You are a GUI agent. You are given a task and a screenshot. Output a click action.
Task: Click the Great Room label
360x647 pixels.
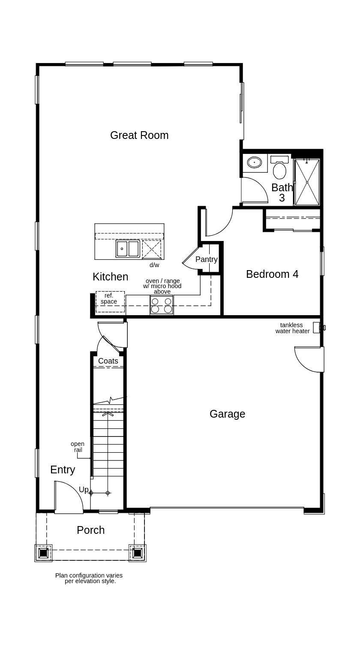139,135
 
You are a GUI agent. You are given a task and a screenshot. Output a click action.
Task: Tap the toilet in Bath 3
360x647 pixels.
279,169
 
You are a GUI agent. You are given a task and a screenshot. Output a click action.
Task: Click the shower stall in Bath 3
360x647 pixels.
307,182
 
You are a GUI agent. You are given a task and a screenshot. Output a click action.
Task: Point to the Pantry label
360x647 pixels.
206,259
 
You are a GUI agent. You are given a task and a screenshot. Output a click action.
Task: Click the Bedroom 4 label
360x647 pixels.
272,274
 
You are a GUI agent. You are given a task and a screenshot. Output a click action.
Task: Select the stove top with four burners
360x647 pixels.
162,305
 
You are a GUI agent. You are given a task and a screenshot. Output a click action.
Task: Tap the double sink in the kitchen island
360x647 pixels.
128,249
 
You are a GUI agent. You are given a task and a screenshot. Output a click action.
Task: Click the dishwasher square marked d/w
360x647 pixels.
152,249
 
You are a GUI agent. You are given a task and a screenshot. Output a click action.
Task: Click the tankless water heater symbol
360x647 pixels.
318,328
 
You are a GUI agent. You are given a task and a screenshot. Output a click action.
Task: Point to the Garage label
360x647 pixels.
227,414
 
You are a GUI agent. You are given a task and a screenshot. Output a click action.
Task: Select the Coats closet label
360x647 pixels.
108,361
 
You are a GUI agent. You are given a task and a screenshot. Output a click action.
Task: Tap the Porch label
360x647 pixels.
90,530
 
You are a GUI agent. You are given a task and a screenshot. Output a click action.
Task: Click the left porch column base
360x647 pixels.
43,553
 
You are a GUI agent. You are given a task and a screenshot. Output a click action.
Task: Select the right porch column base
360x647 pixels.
138,553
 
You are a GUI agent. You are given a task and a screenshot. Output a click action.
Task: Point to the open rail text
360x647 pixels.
78,447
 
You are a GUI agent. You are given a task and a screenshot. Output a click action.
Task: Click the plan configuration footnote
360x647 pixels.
89,578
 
